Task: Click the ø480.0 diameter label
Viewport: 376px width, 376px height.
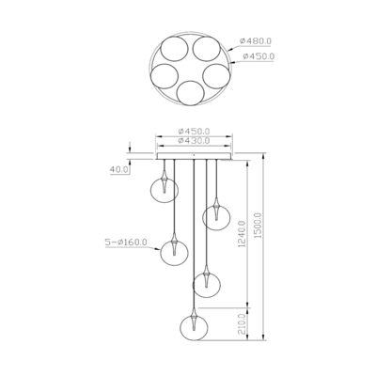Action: tap(256, 41)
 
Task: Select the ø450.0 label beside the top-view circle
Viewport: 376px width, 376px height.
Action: tap(258, 56)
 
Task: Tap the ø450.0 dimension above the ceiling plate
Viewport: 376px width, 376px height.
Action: tap(194, 131)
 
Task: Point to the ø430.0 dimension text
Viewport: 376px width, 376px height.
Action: tap(194, 141)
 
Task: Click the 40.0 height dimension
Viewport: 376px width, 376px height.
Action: tap(119, 170)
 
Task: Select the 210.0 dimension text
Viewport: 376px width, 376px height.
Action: tap(243, 325)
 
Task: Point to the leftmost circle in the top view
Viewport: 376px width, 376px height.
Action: tap(164, 75)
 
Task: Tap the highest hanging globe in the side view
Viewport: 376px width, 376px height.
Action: tap(165, 187)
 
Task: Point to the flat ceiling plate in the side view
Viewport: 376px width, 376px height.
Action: tap(194, 157)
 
